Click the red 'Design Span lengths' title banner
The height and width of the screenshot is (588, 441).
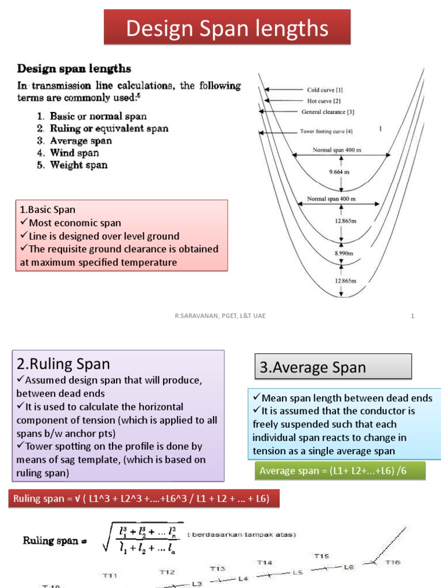click(x=227, y=28)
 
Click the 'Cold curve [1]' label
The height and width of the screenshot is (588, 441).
click(x=325, y=90)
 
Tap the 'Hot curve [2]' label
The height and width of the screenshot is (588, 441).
click(x=324, y=100)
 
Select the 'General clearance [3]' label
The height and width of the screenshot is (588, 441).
click(x=328, y=112)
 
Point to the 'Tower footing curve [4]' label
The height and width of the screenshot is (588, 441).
click(x=330, y=131)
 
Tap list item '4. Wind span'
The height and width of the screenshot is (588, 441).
click(x=68, y=153)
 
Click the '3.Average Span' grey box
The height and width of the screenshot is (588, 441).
click(x=332, y=367)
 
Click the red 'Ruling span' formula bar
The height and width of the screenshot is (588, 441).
click(x=144, y=499)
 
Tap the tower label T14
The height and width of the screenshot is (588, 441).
click(x=265, y=562)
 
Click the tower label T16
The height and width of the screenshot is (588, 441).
click(x=393, y=562)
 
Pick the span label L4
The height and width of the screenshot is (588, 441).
click(x=243, y=579)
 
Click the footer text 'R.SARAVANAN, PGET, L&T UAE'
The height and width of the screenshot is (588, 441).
click(x=220, y=315)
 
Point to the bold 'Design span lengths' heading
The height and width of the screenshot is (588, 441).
click(x=74, y=69)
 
